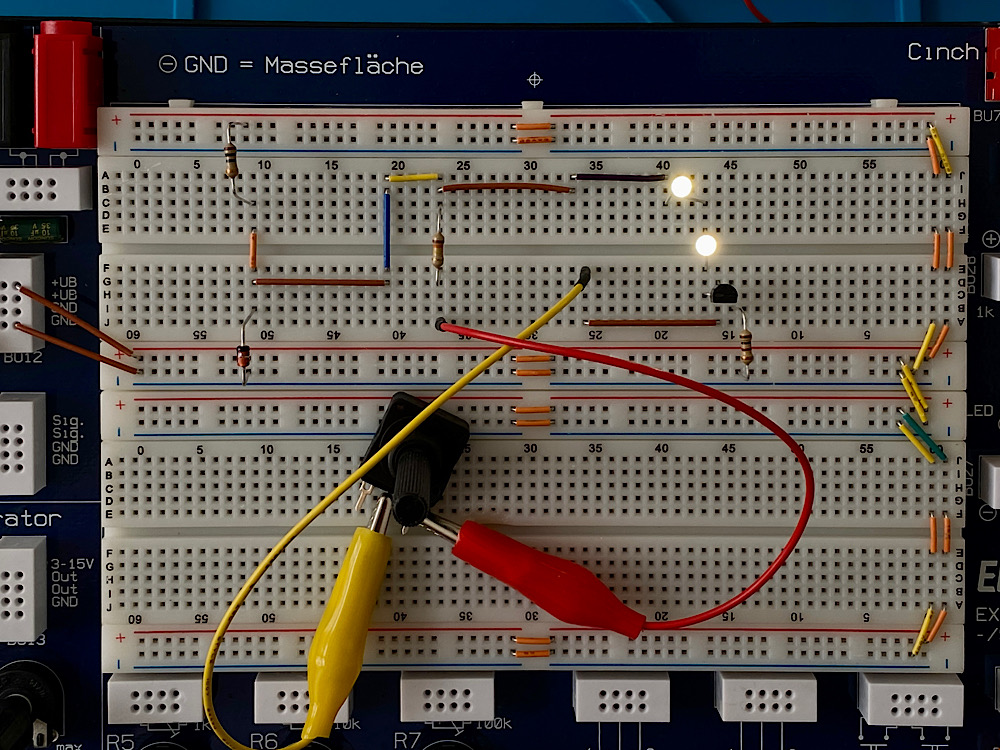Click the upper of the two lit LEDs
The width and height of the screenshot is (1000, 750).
point(681,186)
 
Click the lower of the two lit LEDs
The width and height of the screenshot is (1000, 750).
point(706,245)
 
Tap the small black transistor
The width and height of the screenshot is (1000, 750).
point(725,293)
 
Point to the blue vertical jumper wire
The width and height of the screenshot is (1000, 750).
point(386,230)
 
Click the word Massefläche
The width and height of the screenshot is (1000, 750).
point(344,66)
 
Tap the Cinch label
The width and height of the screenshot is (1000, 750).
point(942,52)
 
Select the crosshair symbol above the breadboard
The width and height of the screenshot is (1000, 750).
point(534,78)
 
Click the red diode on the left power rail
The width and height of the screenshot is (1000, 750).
point(243,355)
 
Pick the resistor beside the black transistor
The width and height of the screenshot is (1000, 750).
point(746,347)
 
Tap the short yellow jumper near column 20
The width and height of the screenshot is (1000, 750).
point(413,177)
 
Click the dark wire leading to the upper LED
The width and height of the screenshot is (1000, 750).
point(618,178)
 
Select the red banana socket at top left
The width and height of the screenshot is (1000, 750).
point(67,84)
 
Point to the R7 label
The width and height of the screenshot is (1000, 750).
point(407,741)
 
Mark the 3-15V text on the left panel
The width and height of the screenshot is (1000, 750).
point(72,564)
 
